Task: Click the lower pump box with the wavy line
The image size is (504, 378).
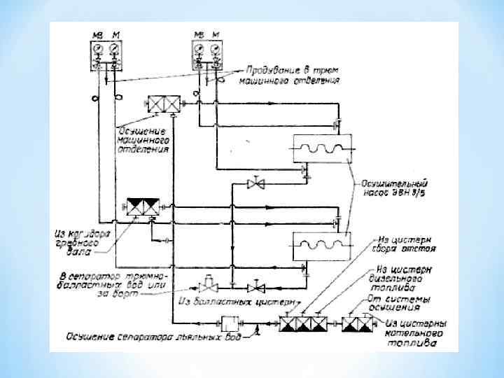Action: point(321,246)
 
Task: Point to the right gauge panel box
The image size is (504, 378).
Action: point(209,55)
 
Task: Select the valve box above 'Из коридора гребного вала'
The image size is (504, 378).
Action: point(143,207)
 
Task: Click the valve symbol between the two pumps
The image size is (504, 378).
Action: point(256,184)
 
